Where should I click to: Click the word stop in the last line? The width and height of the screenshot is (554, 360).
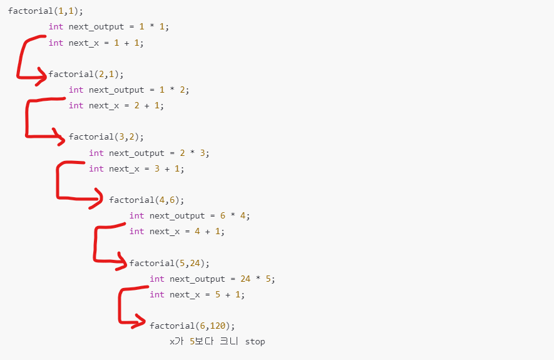pyautogui.click(x=255, y=342)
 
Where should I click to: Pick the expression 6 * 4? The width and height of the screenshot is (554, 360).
pyautogui.click(x=235, y=215)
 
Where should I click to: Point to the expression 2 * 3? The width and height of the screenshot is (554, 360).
pyautogui.click(x=195, y=153)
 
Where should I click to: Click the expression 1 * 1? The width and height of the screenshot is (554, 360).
pyautogui.click(x=154, y=27)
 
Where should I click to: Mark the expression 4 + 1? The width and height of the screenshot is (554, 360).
pyautogui.click(x=210, y=231)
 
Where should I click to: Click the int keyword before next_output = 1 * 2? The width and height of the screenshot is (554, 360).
pyautogui.click(x=76, y=90)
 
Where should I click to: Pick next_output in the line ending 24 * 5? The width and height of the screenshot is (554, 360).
pyautogui.click(x=197, y=279)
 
